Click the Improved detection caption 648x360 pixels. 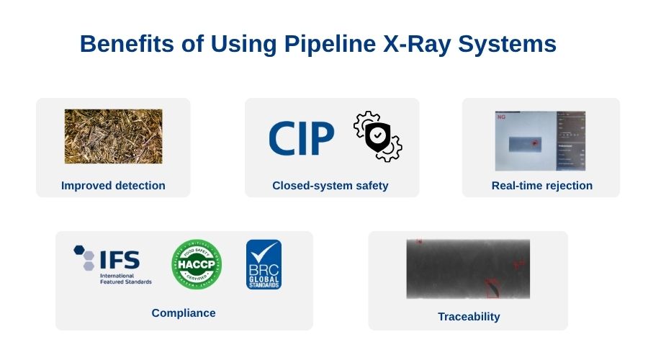click(x=113, y=186)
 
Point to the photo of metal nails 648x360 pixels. click(x=113, y=136)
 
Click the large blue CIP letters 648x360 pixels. click(x=301, y=138)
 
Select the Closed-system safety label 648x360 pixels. click(x=330, y=186)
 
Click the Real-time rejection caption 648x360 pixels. click(x=542, y=186)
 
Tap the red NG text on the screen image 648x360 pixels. click(x=501, y=116)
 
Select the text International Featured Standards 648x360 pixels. click(x=126, y=279)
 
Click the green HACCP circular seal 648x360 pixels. click(x=197, y=264)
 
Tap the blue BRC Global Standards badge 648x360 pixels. click(x=264, y=264)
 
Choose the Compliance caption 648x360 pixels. click(x=184, y=313)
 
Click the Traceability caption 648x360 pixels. click(x=469, y=317)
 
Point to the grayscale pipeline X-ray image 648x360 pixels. click(x=468, y=269)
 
